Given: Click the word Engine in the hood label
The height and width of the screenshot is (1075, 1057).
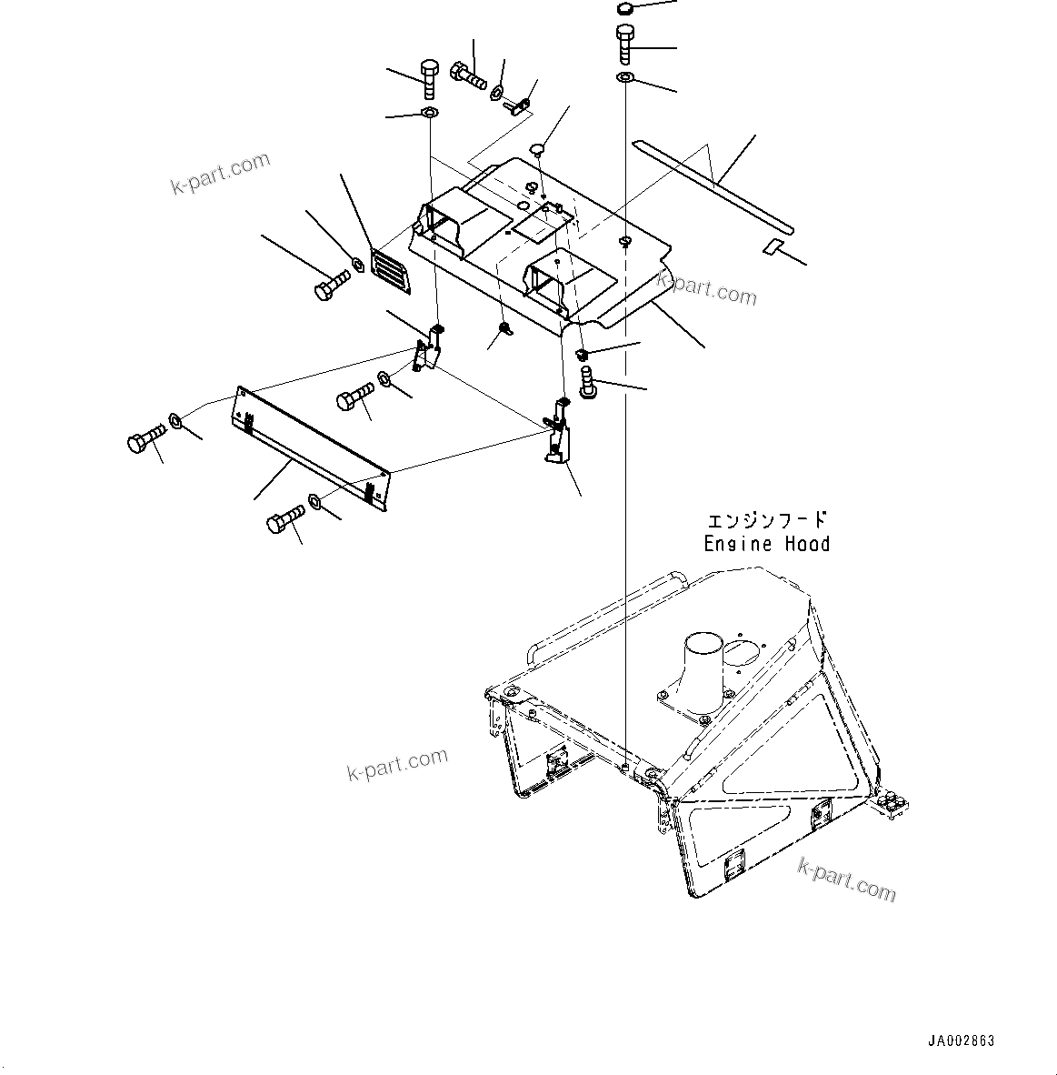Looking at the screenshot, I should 733,544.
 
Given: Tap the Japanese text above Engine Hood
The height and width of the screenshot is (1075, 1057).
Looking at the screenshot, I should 767,520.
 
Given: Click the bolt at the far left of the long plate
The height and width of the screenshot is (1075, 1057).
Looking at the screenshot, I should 143,440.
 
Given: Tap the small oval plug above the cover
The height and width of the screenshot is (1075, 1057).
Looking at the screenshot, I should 537,147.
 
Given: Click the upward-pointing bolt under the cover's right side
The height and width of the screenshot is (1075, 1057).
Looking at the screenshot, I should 586,380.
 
